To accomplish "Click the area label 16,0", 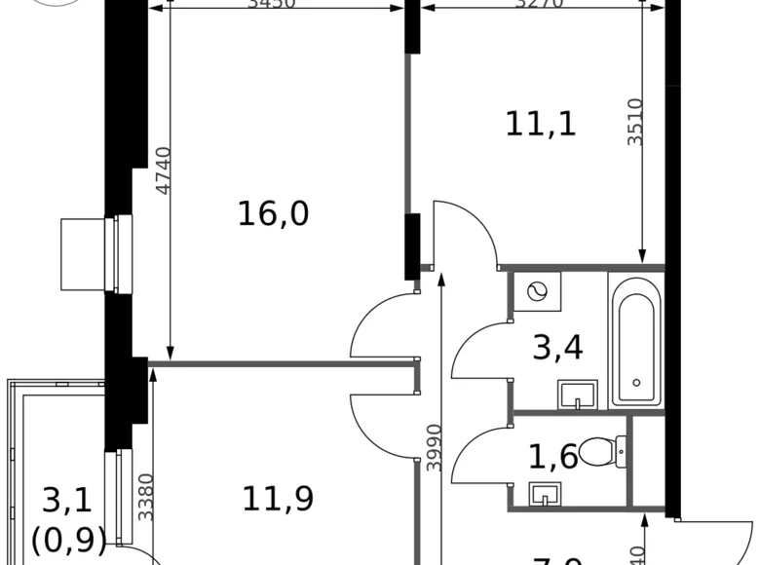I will [x=273, y=212].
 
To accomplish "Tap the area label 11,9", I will [x=278, y=499].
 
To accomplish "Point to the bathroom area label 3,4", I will [x=557, y=346].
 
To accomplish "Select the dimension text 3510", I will [x=634, y=122].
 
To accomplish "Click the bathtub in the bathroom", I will [x=635, y=338].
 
